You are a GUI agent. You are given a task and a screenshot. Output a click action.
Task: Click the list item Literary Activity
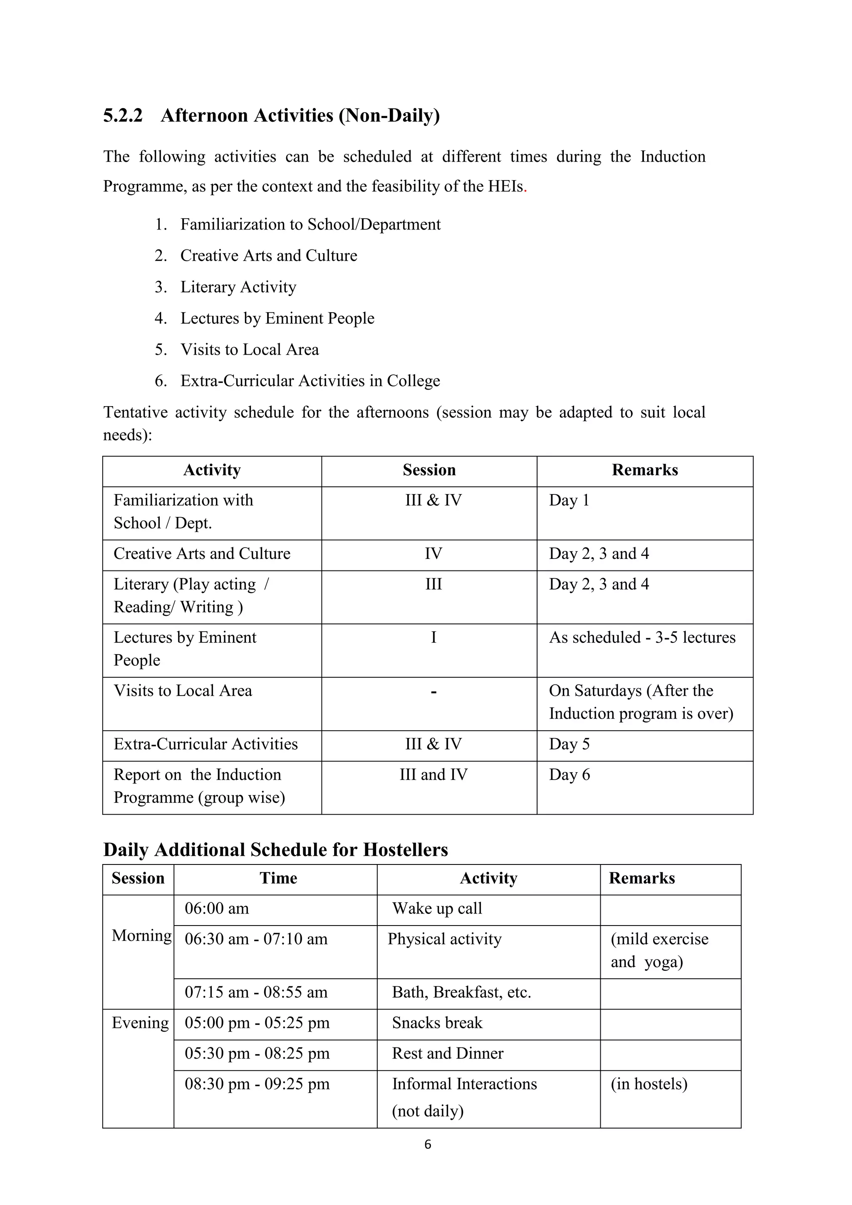coord(238,287)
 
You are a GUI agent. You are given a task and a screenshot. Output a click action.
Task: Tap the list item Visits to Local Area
coord(249,350)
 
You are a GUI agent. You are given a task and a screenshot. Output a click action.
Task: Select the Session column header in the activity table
coord(429,470)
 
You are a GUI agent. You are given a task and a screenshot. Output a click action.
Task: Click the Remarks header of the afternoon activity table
coord(645,470)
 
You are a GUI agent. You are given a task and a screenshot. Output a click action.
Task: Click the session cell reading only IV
coord(433,554)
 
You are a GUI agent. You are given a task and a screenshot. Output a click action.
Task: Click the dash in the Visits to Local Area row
coord(433,692)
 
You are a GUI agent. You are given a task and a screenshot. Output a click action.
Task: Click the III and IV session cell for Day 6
coord(433,775)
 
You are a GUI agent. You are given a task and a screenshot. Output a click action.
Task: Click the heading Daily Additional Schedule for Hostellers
coord(275,849)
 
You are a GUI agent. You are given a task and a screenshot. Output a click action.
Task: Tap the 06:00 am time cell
coord(216,909)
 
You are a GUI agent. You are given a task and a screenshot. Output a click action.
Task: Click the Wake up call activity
coord(437,909)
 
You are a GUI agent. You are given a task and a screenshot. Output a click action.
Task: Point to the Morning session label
coord(141,935)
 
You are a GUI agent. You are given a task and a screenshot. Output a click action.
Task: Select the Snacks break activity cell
coord(437,1023)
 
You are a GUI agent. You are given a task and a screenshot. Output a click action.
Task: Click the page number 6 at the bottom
coord(427,1145)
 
